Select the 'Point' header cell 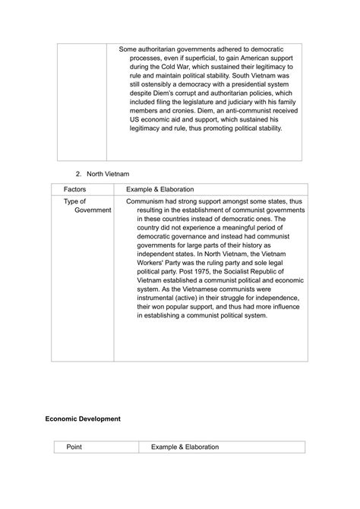pos(74,447)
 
